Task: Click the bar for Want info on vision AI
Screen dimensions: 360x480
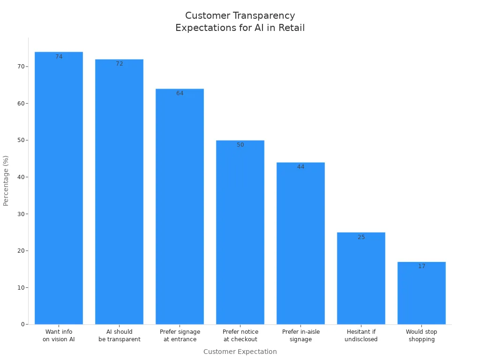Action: (x=59, y=187)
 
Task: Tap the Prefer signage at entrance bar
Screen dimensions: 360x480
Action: (x=180, y=206)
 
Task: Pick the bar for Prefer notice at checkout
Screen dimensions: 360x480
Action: (x=240, y=232)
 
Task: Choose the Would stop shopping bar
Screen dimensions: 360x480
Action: (x=421, y=293)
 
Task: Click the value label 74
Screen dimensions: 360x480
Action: (x=59, y=57)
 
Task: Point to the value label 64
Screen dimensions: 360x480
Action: (x=180, y=93)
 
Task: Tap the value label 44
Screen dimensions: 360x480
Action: (x=300, y=167)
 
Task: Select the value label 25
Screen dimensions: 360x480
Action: (x=361, y=237)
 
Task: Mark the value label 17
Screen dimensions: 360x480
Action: (x=421, y=266)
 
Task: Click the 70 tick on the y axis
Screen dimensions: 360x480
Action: (x=20, y=67)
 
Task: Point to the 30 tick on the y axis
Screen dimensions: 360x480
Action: (x=20, y=214)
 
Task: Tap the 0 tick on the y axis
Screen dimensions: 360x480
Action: (x=22, y=324)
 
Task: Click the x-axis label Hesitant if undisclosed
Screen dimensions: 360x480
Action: (x=361, y=336)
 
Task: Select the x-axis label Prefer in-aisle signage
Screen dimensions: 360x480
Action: (x=300, y=336)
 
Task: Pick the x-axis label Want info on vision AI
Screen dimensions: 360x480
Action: (x=59, y=336)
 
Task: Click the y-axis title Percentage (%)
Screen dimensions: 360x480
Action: (x=6, y=180)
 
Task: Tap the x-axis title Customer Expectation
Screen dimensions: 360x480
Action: (x=240, y=352)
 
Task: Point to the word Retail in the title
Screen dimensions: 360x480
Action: (x=292, y=28)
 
